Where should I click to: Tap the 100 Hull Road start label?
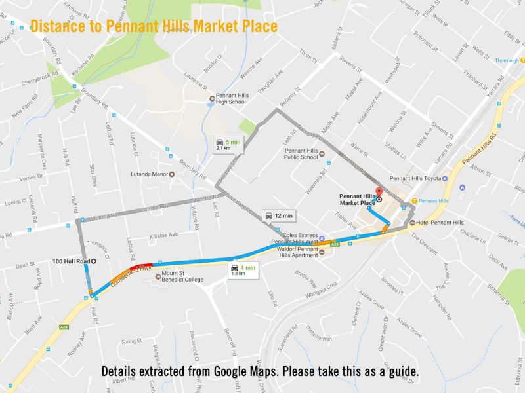(x=72, y=261)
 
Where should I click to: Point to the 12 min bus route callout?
(x=278, y=215)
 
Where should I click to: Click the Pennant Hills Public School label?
(x=301, y=153)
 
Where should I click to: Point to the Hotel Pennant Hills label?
(x=440, y=223)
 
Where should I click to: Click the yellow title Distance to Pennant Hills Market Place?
(x=154, y=27)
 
